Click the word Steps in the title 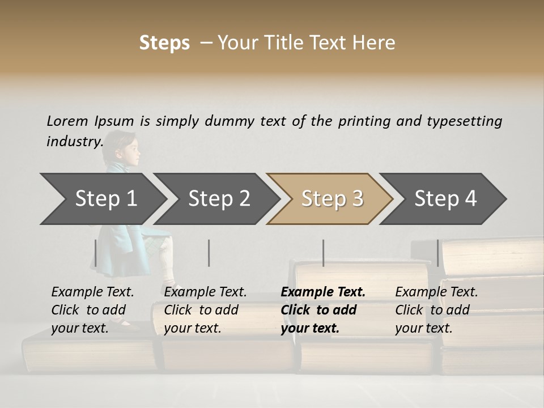[164, 43]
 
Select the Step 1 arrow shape [102, 199]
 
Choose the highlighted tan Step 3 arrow [331, 199]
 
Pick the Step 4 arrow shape [445, 199]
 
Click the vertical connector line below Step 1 [96, 253]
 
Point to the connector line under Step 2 [209, 253]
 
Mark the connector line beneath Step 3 [323, 253]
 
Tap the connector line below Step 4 [437, 253]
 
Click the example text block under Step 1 [92, 310]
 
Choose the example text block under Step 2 [205, 310]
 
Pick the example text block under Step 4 [436, 310]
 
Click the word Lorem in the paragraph [67, 121]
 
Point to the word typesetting [464, 121]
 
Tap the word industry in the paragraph [74, 141]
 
